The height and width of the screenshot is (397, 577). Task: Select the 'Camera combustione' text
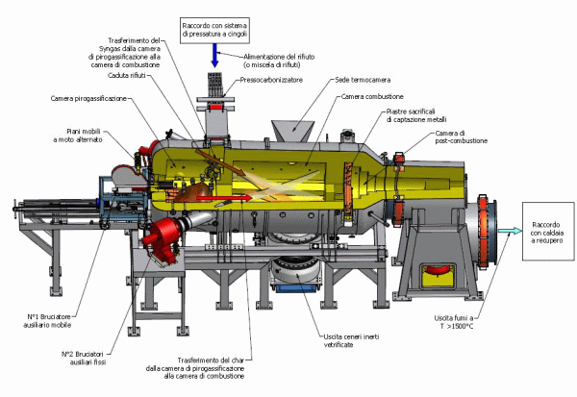point(370,98)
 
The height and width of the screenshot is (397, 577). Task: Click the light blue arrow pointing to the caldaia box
point(507,232)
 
